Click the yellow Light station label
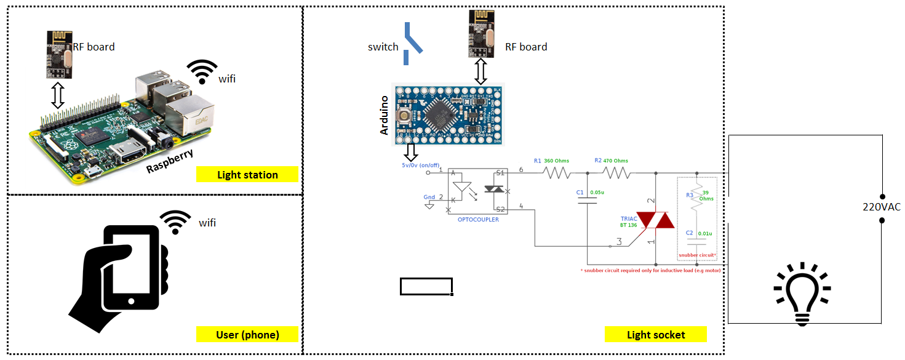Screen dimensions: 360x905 click(x=247, y=175)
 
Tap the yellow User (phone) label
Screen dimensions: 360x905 click(x=247, y=335)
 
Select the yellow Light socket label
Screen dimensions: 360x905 click(x=656, y=335)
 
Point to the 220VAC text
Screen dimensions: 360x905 click(x=881, y=207)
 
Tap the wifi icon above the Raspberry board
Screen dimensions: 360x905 click(x=202, y=72)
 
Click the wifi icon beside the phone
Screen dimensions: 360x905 click(x=176, y=222)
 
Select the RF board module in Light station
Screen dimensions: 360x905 click(x=58, y=55)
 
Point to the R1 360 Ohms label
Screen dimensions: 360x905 click(x=551, y=161)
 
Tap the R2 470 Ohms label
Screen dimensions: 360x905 click(x=612, y=161)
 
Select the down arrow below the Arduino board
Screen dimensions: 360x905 click(x=411, y=151)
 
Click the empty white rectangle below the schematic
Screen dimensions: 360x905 click(x=426, y=286)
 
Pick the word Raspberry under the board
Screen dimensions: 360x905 click(x=170, y=161)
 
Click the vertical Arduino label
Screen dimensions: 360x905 click(x=385, y=115)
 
